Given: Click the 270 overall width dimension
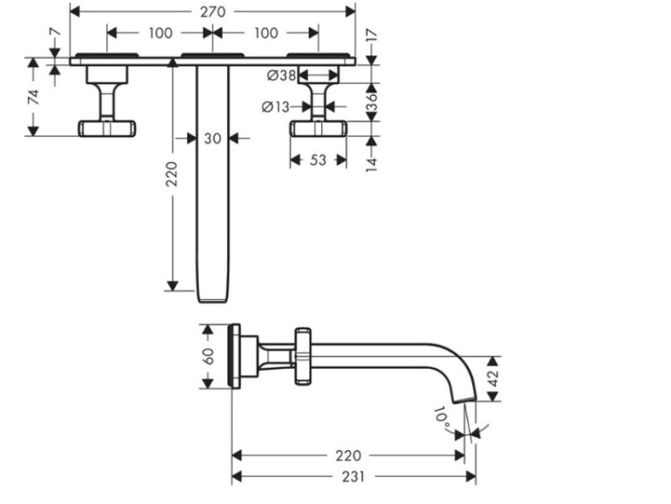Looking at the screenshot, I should click(x=212, y=12).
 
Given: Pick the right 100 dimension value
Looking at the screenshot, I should click(x=266, y=33).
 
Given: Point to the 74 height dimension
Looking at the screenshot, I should click(x=34, y=98).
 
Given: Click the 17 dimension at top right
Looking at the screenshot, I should click(x=372, y=37).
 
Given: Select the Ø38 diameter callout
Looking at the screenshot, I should click(x=282, y=76).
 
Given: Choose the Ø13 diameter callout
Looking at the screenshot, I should click(x=276, y=107).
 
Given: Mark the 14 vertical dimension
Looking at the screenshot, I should click(x=372, y=159).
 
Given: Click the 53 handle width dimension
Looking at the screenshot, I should click(x=318, y=160).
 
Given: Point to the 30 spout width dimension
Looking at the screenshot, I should click(x=212, y=138).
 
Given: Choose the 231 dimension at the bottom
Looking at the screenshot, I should click(x=353, y=477).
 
